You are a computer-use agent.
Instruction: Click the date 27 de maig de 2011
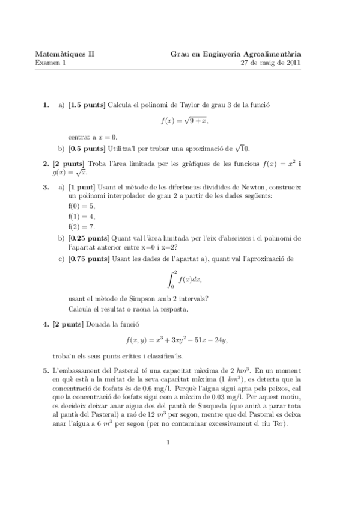(271, 62)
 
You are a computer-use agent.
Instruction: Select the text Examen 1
(50, 62)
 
